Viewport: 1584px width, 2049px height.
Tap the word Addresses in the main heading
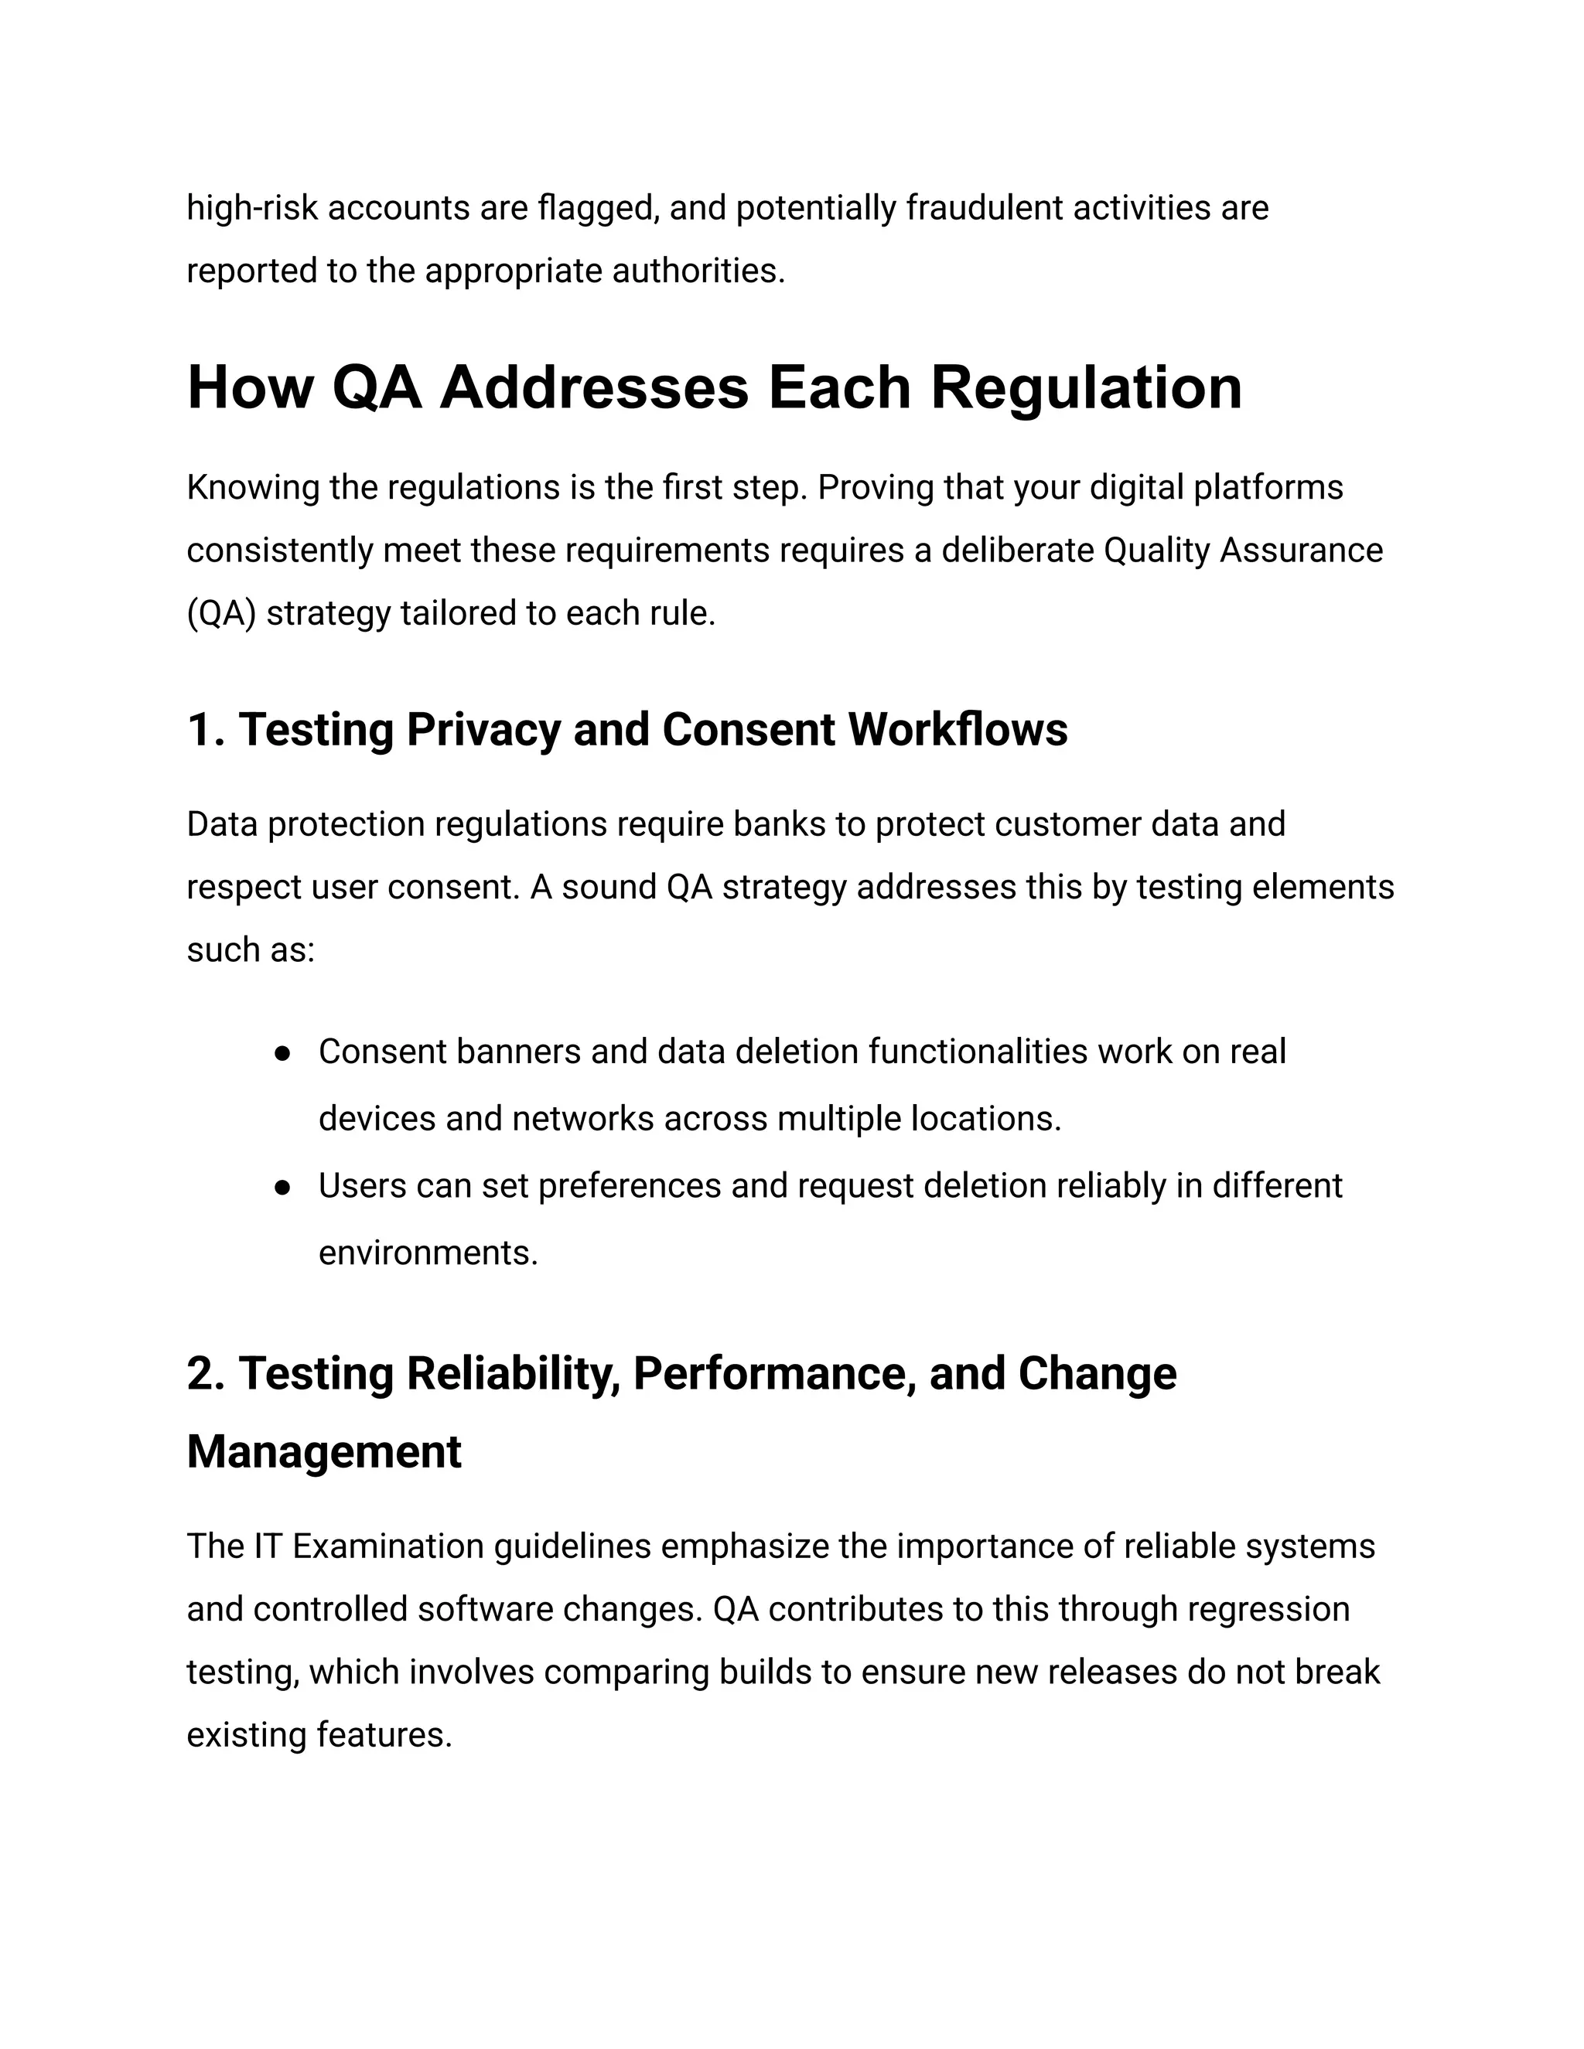(x=594, y=387)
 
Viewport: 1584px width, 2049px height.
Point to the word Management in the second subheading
(x=324, y=1451)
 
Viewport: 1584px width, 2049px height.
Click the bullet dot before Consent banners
(x=282, y=1054)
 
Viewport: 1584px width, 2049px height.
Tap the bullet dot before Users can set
(x=282, y=1188)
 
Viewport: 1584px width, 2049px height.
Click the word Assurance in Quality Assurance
(x=1301, y=551)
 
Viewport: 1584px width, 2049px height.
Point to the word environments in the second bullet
(x=427, y=1253)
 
